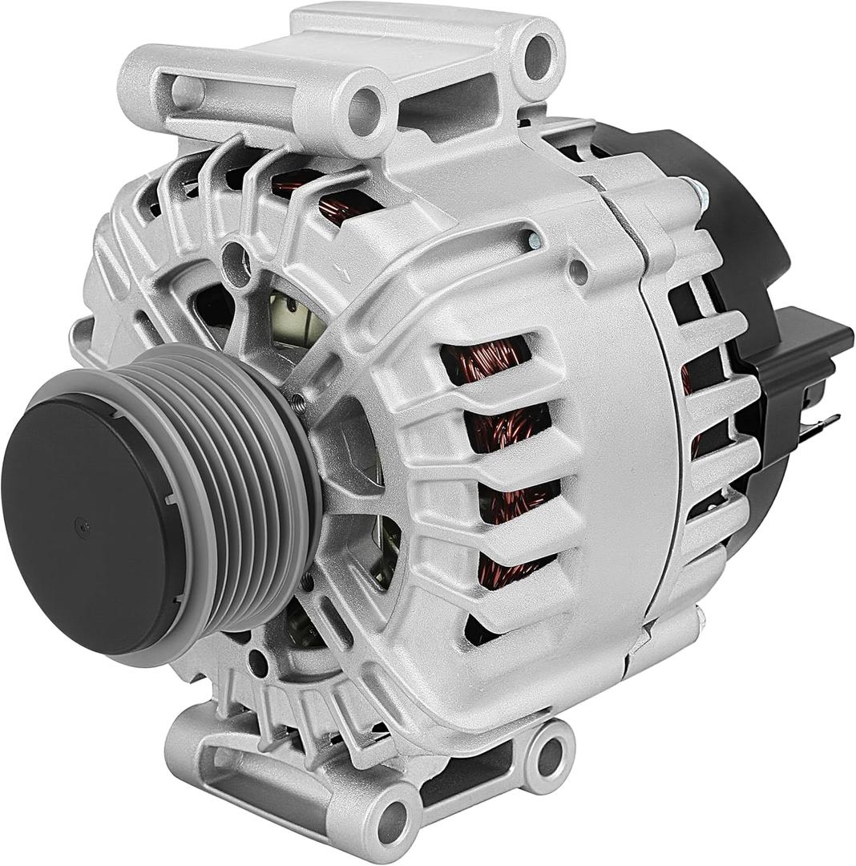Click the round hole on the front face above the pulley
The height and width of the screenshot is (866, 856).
coord(234,256)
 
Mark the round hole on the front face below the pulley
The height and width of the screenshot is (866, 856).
coord(257,662)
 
